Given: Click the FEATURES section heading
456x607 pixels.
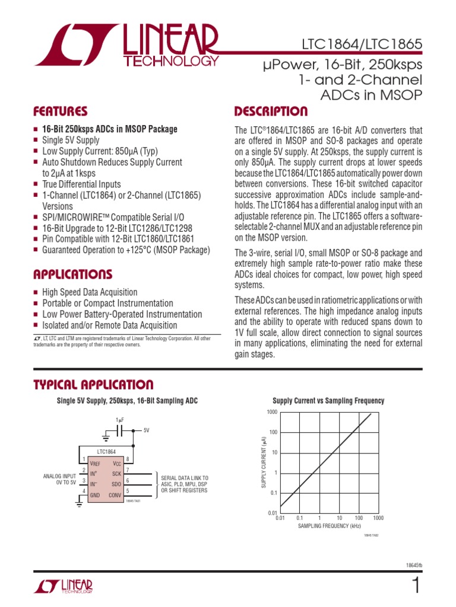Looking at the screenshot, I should [61, 111].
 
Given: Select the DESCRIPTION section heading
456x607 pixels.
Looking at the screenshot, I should [271, 111].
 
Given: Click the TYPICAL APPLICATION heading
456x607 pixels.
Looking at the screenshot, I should [93, 385].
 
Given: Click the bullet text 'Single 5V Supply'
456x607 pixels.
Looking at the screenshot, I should [71, 140].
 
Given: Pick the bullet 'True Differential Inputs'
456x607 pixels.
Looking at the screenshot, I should [81, 184].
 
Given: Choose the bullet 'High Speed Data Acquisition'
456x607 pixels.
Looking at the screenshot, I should [90, 292].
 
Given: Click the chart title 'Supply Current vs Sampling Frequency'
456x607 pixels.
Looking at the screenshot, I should [328, 401].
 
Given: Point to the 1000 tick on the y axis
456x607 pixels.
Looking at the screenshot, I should [272, 412].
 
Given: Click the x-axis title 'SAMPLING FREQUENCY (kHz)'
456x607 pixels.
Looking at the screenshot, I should [329, 526].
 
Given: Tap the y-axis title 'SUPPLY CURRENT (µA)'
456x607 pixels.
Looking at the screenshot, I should [264, 462].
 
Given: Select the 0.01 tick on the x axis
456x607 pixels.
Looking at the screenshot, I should [281, 517].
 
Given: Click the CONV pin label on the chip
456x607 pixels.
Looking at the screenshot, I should [114, 495].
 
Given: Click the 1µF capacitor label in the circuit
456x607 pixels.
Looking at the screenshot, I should [120, 420].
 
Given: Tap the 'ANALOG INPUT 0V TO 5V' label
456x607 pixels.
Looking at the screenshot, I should [59, 479].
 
